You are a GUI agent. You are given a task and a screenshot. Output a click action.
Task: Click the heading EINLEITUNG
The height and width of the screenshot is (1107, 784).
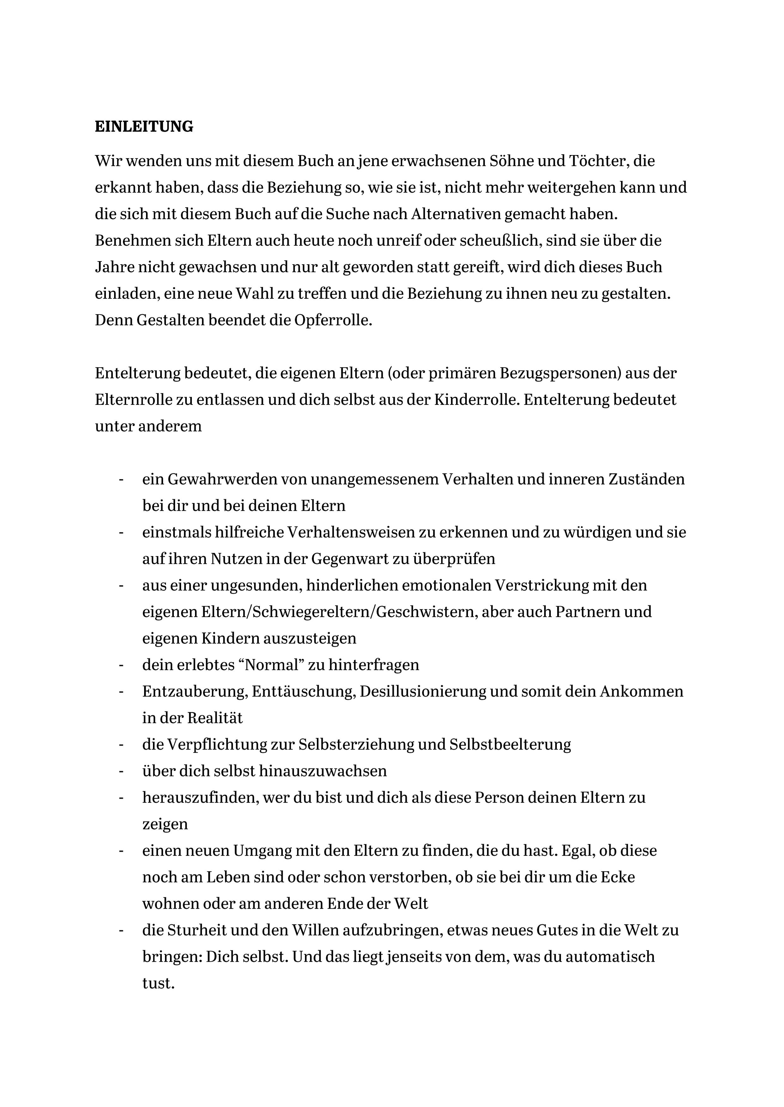click(x=144, y=126)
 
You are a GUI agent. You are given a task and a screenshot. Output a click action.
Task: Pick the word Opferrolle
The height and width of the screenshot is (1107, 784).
click(x=333, y=320)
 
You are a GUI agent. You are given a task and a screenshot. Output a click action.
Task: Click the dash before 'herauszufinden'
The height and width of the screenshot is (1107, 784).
click(x=121, y=797)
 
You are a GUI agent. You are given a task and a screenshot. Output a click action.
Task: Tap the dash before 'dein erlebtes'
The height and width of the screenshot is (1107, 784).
click(x=121, y=665)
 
